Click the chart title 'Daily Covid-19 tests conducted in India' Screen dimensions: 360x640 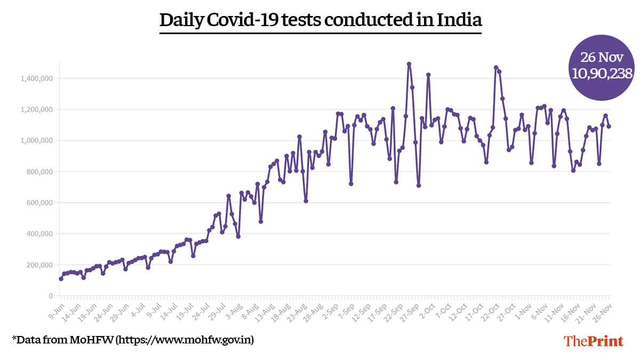(x=321, y=20)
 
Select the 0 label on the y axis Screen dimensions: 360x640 (x=51, y=295)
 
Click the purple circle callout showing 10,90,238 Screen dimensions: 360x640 (x=602, y=68)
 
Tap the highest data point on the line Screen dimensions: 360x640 (x=409, y=64)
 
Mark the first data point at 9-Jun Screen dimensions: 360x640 (x=61, y=278)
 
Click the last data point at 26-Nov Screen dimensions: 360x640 (x=609, y=126)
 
